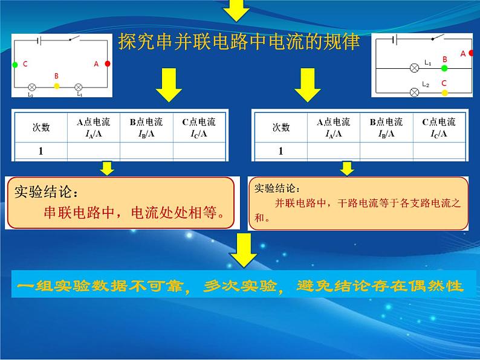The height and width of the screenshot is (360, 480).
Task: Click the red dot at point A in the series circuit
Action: click(x=108, y=63)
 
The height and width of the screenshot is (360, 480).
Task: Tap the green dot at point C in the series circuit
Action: click(x=15, y=65)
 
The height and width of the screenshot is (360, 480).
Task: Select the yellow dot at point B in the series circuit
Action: click(x=57, y=86)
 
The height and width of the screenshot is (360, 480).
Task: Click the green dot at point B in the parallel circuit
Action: click(x=444, y=68)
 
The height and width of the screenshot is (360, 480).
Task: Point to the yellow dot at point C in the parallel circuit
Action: click(x=444, y=92)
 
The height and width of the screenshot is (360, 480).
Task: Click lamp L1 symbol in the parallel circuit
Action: click(x=414, y=68)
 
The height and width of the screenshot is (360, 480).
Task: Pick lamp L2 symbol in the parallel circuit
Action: click(x=414, y=92)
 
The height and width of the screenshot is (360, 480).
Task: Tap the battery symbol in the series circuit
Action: click(x=39, y=40)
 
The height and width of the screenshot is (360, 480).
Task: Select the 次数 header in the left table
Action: click(x=41, y=127)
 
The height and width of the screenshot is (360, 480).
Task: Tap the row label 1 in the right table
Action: click(x=281, y=151)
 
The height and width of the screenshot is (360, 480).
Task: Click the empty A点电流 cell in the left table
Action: click(x=94, y=151)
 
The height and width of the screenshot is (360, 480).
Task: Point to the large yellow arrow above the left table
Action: click(x=169, y=85)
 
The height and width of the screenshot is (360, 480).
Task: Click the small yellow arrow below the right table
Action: click(x=347, y=169)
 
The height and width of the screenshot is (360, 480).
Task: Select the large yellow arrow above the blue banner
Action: click(x=244, y=250)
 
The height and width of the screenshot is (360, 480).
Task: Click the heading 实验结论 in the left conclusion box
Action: click(x=43, y=191)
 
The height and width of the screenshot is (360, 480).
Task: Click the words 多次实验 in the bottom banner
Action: click(x=241, y=286)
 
